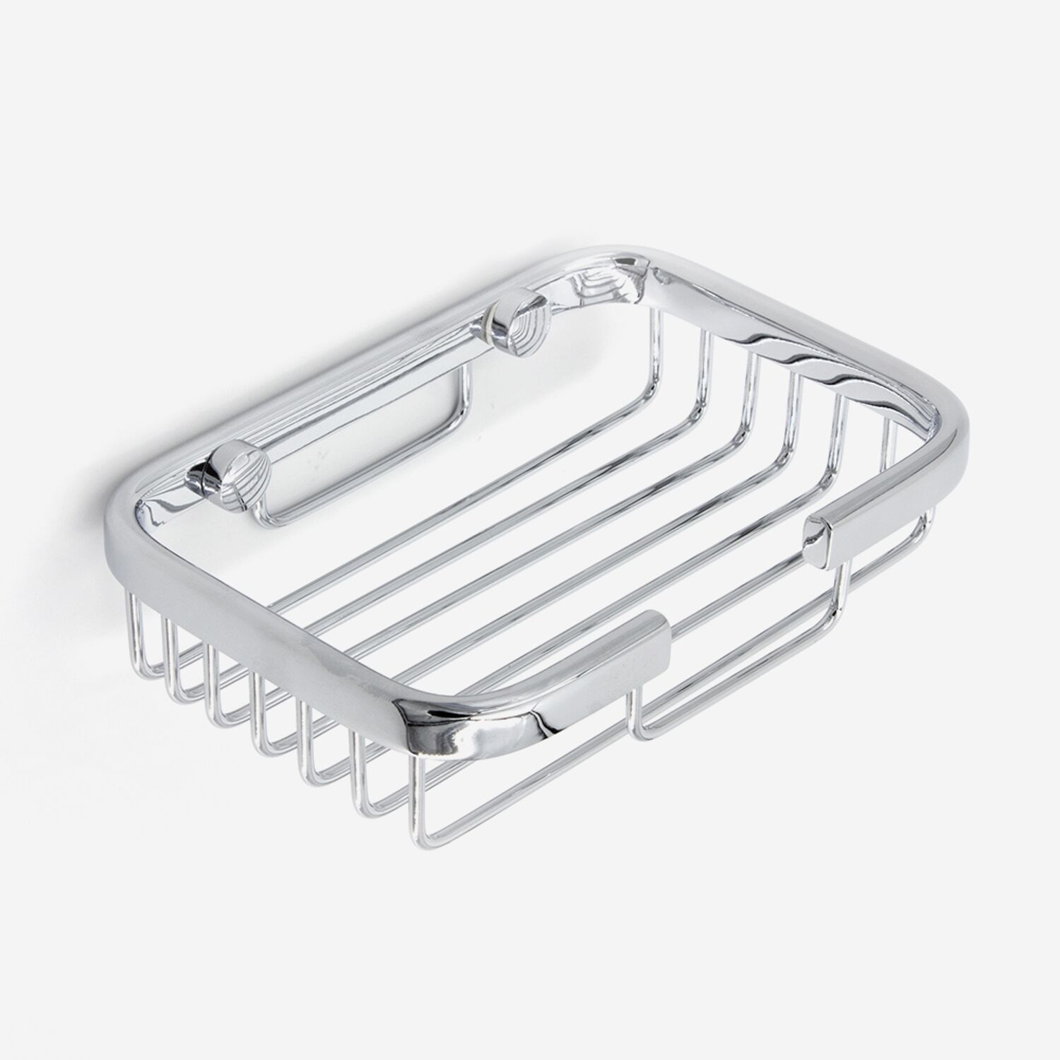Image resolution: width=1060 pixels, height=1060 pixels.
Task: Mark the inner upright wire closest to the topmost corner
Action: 656,339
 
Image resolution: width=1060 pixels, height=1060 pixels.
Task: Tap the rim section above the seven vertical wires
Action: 269,629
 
